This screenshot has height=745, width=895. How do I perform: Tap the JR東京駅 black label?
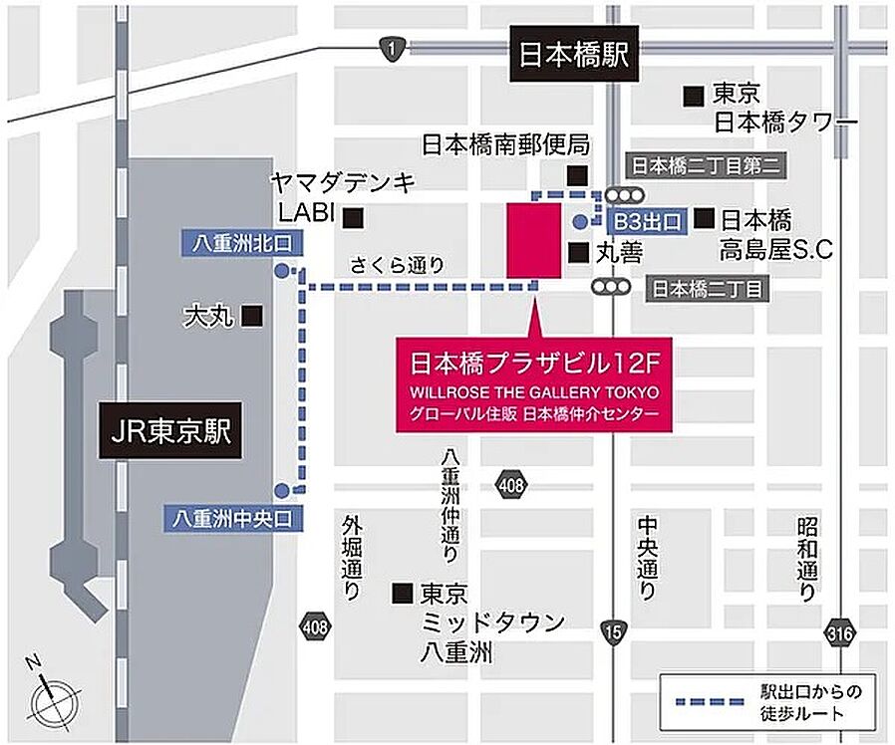click(170, 432)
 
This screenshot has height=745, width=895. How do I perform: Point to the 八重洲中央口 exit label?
click(231, 518)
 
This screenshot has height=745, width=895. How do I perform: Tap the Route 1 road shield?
click(394, 48)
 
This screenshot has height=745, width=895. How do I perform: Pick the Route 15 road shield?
click(611, 629)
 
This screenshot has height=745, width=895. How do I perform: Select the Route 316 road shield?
click(838, 629)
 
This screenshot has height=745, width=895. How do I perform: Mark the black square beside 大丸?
click(254, 317)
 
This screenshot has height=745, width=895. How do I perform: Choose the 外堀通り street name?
click(352, 558)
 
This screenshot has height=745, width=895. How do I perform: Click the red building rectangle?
click(533, 240)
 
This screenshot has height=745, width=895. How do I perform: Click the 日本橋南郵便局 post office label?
click(505, 144)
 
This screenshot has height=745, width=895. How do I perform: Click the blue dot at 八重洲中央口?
click(282, 489)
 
